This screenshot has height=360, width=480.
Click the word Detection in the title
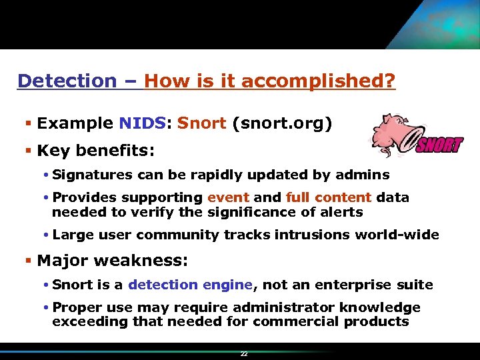click(x=67, y=81)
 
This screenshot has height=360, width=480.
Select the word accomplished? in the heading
click(x=319, y=81)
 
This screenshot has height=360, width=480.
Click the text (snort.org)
click(x=281, y=123)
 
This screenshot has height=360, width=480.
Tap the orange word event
click(x=229, y=197)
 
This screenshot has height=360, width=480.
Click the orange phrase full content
click(x=328, y=197)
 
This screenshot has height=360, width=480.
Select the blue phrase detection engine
click(x=190, y=285)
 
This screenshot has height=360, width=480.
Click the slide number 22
click(x=244, y=354)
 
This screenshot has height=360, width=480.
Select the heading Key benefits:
click(x=96, y=151)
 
